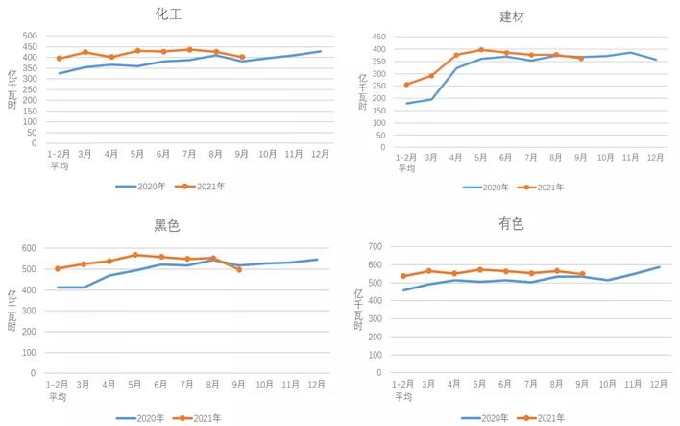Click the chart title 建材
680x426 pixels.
pos(512,16)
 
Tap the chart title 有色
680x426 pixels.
pos(511,224)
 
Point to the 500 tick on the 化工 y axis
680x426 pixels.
pos(30,37)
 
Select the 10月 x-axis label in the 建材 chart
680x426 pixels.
pos(605,157)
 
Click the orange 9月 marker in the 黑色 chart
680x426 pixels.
pos(239,269)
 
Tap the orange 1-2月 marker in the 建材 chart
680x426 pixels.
pos(407,85)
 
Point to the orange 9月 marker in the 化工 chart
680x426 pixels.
pos(242,57)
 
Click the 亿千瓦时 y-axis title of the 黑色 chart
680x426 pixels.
pos(11,309)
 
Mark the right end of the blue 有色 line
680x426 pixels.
pos(659,267)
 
